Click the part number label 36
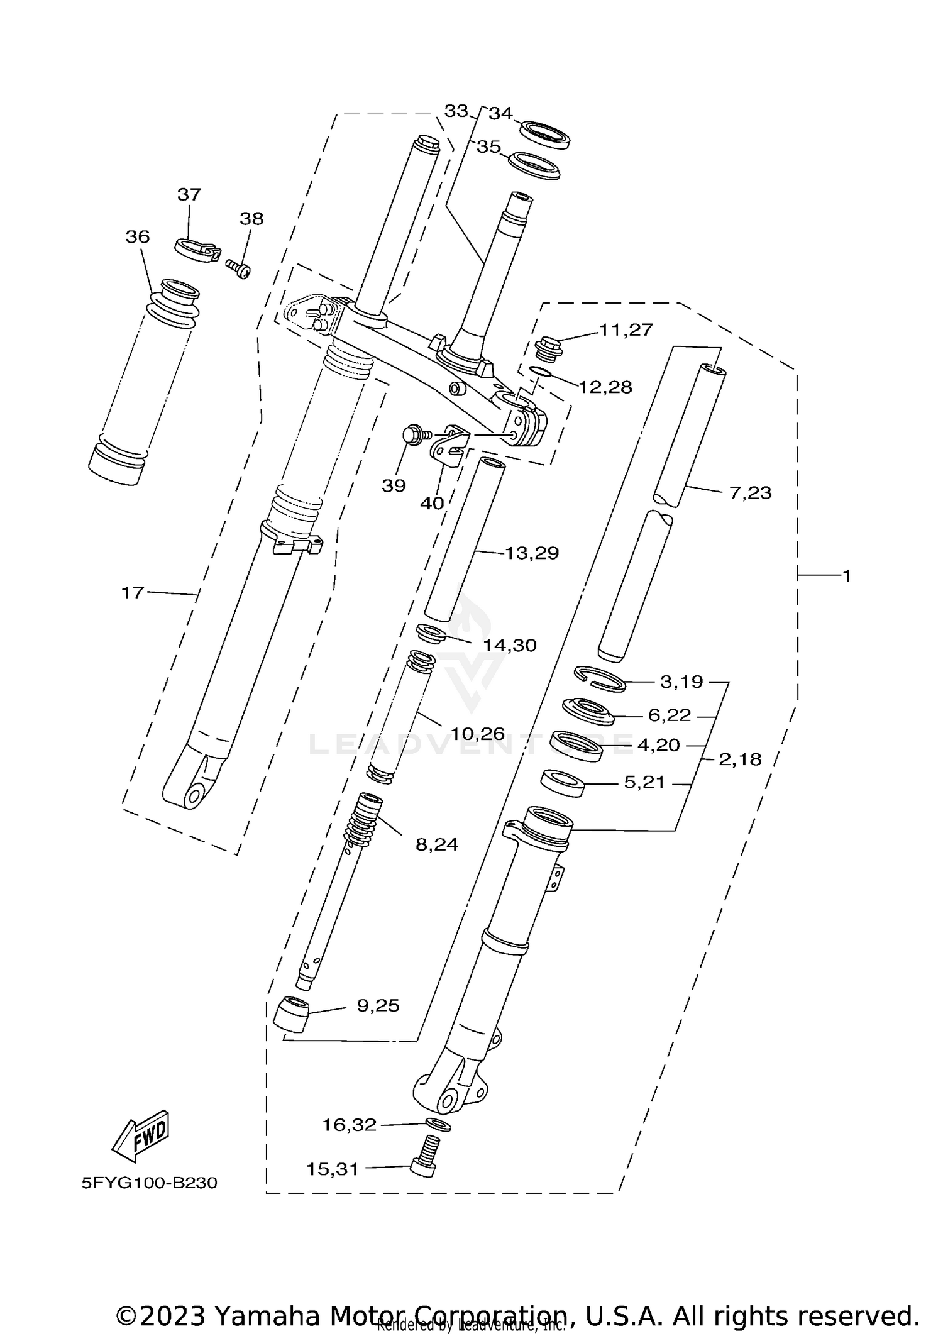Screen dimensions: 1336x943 (138, 237)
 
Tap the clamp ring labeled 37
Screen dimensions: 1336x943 (196, 249)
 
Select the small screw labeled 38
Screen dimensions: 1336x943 (238, 268)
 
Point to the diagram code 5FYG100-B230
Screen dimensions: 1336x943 (150, 1183)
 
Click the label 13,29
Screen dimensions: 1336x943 (532, 553)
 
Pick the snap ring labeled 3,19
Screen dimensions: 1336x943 (600, 679)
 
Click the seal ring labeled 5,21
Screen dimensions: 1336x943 (563, 783)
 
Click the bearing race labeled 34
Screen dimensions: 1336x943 (544, 135)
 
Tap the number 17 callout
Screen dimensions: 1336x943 (133, 592)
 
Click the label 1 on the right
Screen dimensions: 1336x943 (846, 575)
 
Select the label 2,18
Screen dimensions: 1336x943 (740, 759)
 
